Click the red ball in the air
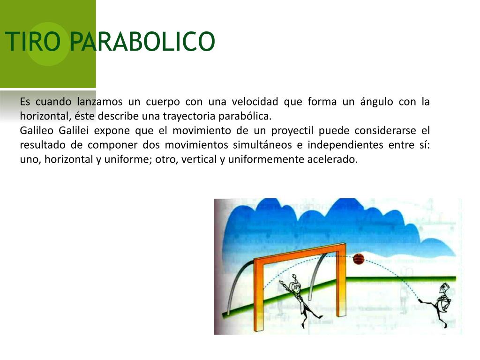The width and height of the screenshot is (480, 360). (x=359, y=259)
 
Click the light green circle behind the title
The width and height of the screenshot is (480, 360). (x=48, y=44)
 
